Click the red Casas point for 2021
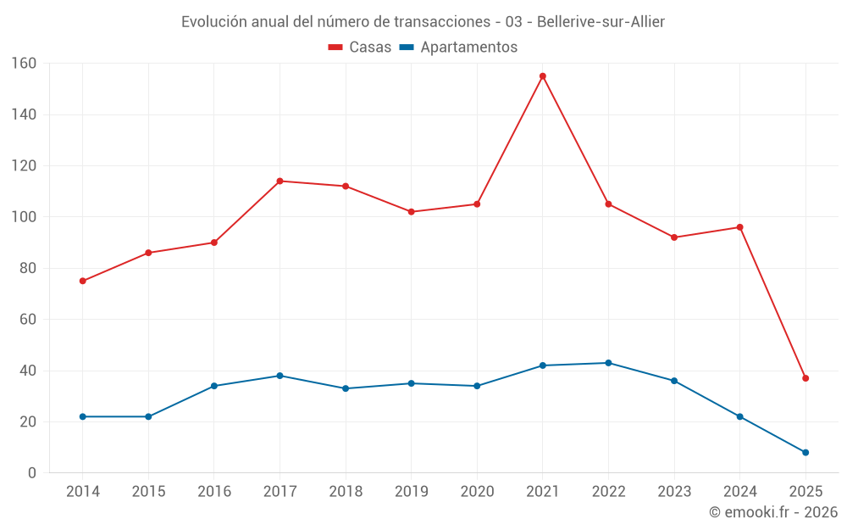(543, 76)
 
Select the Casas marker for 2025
(805, 378)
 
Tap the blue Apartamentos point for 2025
(805, 452)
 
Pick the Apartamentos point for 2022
(608, 363)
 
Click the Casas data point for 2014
(82, 281)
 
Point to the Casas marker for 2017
(280, 181)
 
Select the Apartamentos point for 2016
(214, 386)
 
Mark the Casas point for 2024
(739, 227)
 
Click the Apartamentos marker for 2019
(412, 383)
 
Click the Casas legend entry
(360, 47)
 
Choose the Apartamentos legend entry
(458, 47)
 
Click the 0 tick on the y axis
(32, 473)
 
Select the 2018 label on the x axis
(346, 492)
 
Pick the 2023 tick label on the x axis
(674, 492)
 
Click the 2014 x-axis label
(82, 492)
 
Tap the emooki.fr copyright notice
(772, 512)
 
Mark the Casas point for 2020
(477, 204)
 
